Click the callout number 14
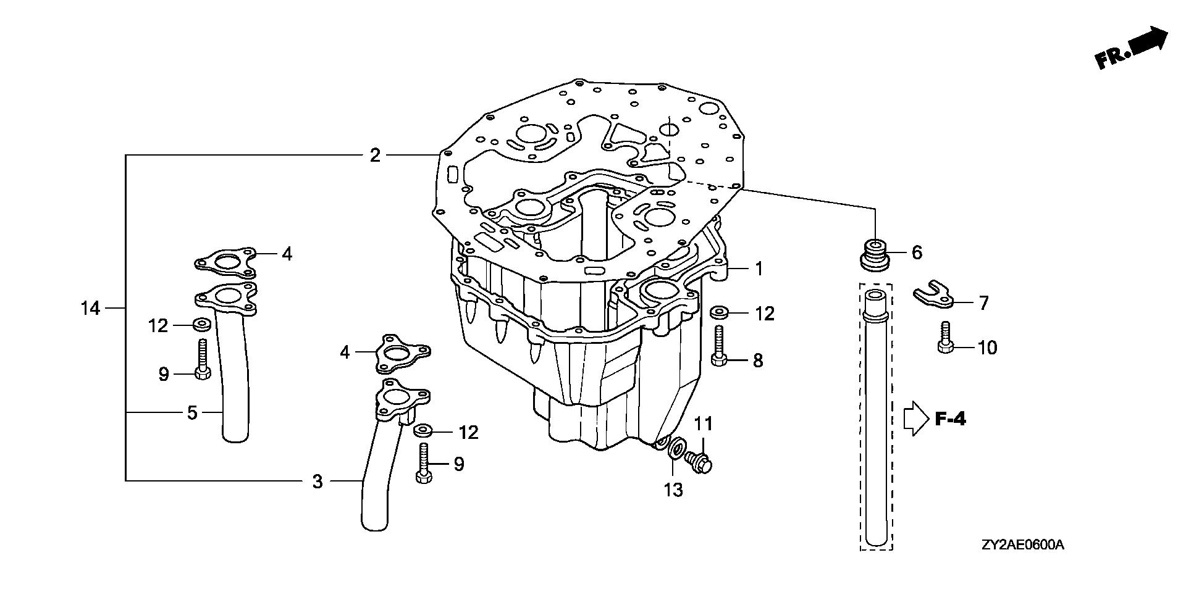[x=90, y=307]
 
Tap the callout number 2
[x=375, y=156]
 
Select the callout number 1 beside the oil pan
[x=759, y=269]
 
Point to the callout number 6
[x=917, y=252]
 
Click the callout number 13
[x=673, y=490]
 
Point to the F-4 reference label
[x=950, y=420]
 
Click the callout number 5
[x=192, y=412]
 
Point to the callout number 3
[x=317, y=482]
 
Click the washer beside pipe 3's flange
[x=423, y=430]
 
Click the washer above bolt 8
[x=718, y=312]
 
